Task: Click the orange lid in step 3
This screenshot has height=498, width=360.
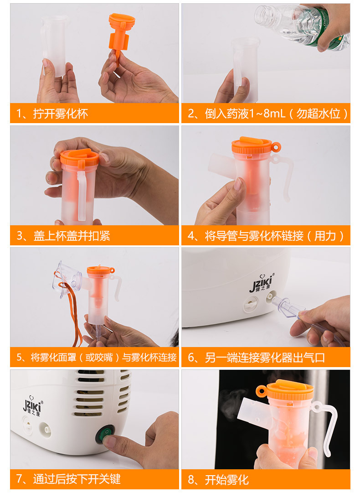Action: [79, 157]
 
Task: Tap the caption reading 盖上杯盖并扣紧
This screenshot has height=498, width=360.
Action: [64, 236]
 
